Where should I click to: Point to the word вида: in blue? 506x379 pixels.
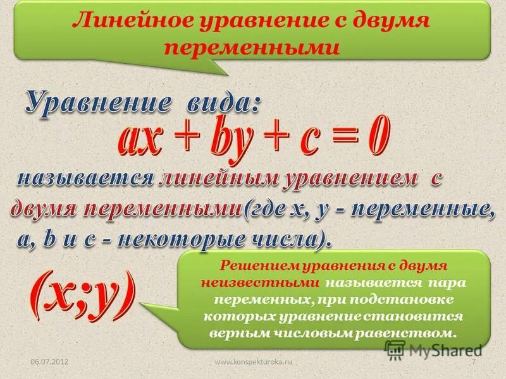coord(215,102)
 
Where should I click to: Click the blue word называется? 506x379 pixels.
coord(85,179)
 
